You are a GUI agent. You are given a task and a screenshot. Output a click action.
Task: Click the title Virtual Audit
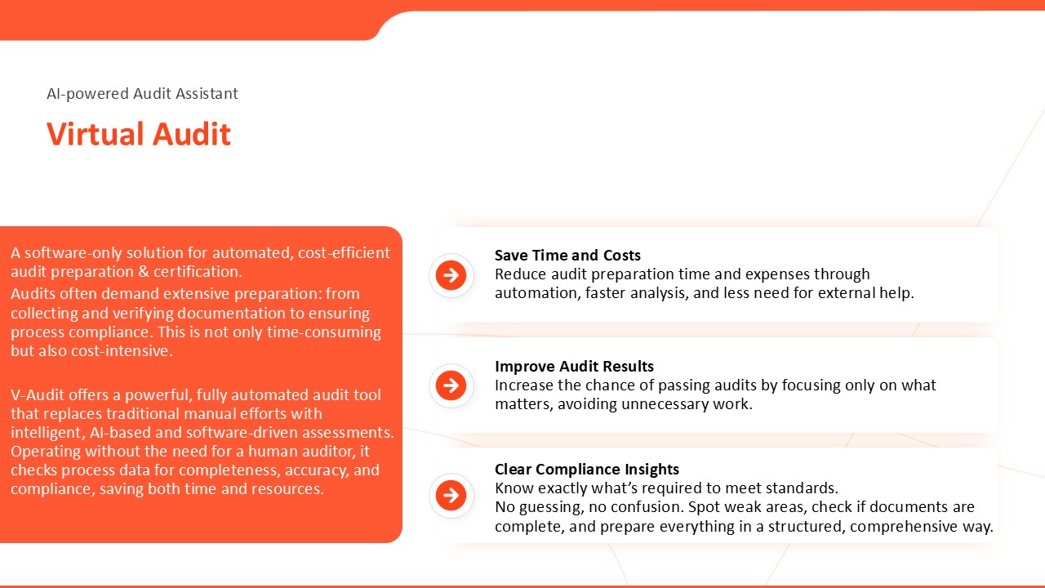coord(139,135)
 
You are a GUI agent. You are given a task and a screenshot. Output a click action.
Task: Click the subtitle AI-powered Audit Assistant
coord(142,94)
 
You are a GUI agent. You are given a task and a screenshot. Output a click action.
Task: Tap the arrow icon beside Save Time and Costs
coord(451,275)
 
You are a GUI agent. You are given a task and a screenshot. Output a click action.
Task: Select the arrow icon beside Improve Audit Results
coord(451,385)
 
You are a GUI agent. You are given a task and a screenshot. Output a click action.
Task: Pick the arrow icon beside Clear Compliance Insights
coord(451,495)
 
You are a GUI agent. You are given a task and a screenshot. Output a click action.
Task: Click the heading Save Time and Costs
coord(567,256)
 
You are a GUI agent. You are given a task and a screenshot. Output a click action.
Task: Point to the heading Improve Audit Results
coord(574,367)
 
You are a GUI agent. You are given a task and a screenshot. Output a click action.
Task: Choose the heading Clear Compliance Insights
coord(587,469)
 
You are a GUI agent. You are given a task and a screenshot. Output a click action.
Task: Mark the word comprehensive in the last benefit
coord(904,527)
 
